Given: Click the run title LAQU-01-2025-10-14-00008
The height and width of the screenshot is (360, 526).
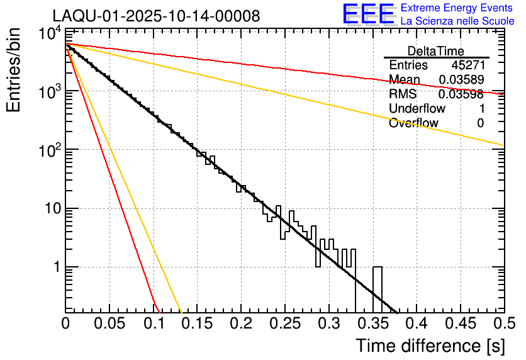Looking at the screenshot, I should tap(156, 16).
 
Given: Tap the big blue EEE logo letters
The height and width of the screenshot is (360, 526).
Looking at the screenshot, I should tap(369, 14).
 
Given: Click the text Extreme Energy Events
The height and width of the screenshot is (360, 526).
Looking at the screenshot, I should tap(457, 8).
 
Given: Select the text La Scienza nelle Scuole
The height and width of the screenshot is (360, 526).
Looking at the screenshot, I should tap(457, 21).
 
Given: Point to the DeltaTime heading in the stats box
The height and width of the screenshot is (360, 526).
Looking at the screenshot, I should tap(436, 51).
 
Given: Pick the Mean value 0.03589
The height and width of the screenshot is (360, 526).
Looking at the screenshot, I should tap(461, 79).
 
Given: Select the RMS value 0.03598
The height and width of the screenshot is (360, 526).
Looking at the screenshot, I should tap(461, 94).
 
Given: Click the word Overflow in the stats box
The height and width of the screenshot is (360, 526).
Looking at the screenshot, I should tap(413, 123).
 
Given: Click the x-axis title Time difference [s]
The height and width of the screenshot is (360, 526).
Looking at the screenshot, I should tap(429, 346).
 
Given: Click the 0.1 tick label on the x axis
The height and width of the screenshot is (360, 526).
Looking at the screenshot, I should tap(153, 324).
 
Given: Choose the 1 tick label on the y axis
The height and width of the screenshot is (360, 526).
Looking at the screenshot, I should tap(55, 267).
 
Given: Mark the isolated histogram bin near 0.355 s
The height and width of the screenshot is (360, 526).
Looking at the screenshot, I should tap(377, 290).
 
